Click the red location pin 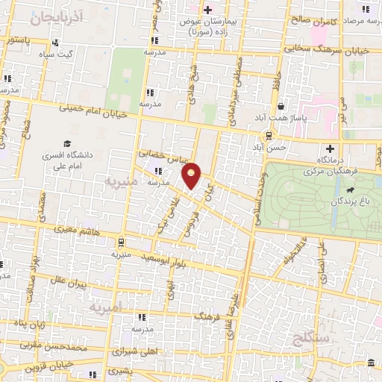(192, 175)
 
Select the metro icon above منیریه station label (120, 241)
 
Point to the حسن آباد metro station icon (268, 135)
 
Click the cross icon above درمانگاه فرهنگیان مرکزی (329, 148)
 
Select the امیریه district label (104, 307)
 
